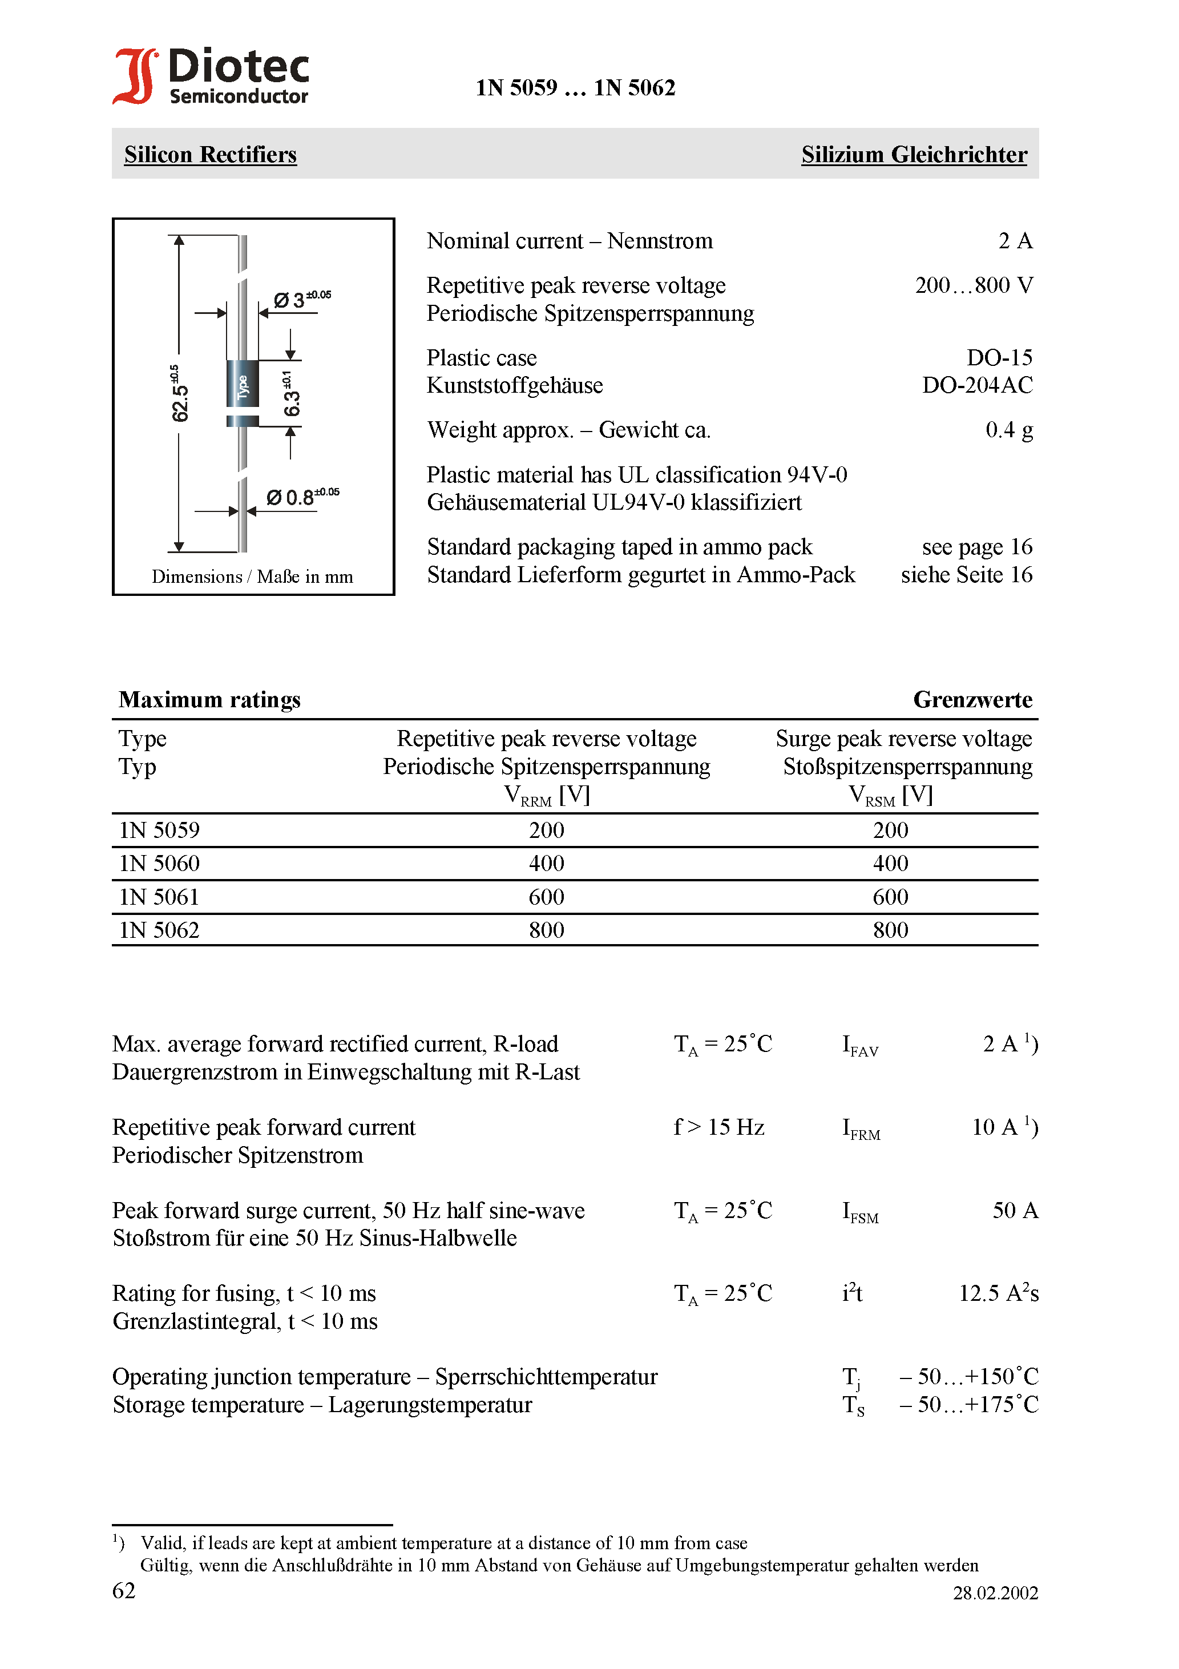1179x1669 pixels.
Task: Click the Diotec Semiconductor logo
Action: point(211,76)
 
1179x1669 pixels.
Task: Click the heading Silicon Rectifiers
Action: point(210,155)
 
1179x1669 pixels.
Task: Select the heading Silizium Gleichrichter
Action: point(914,155)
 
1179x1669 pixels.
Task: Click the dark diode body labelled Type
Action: point(243,385)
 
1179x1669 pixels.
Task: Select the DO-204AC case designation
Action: point(977,385)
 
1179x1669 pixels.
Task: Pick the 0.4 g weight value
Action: point(1008,430)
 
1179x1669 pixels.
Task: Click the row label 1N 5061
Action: point(159,897)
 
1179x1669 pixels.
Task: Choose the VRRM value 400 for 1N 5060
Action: point(547,864)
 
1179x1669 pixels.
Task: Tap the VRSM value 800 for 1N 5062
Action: point(890,930)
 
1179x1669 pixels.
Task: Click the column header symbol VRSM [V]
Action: point(890,795)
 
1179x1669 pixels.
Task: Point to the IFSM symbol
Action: point(860,1212)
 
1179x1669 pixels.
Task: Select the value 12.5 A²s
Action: point(998,1294)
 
